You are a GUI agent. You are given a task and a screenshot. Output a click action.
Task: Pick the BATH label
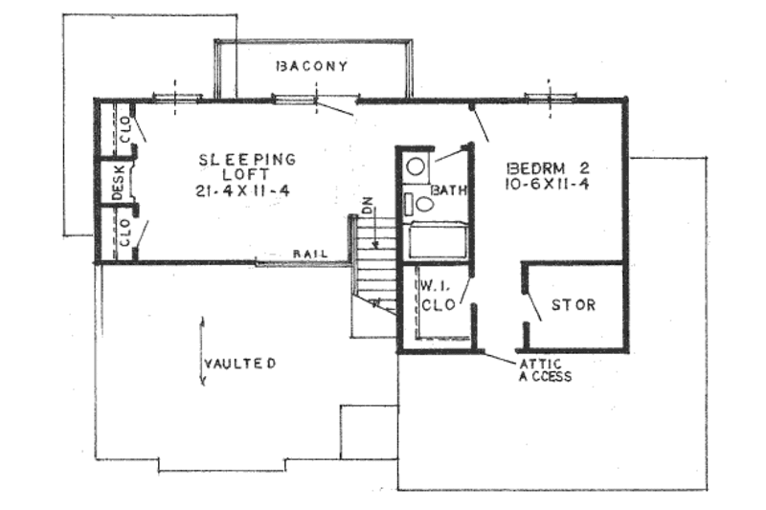click(x=447, y=191)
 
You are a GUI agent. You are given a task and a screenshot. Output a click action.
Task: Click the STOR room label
click(x=573, y=306)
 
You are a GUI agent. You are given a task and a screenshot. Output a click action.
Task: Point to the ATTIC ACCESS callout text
click(x=545, y=369)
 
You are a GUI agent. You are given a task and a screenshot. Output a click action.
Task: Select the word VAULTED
click(x=240, y=364)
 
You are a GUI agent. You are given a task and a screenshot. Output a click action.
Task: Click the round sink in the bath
click(x=416, y=166)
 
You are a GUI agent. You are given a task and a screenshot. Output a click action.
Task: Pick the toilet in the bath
click(x=422, y=203)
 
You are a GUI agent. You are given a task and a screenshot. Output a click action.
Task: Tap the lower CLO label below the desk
click(x=124, y=234)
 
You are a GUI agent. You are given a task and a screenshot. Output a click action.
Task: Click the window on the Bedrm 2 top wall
click(x=551, y=97)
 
